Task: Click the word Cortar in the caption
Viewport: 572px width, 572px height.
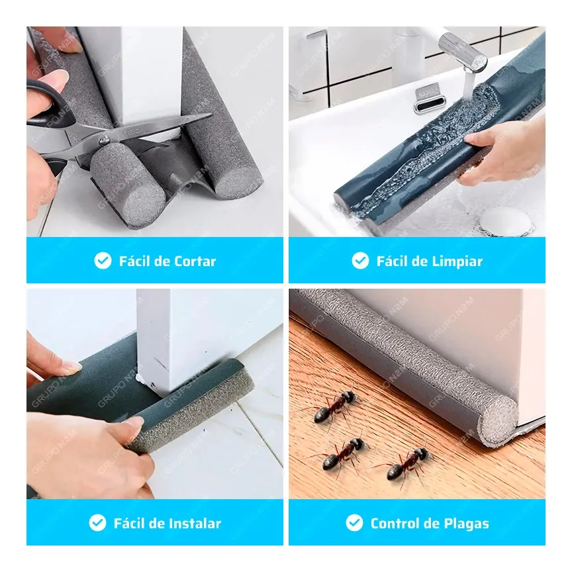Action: (195, 262)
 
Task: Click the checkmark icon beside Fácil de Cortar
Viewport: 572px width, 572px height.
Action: (103, 261)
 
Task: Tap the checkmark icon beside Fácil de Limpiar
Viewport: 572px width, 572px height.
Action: (360, 261)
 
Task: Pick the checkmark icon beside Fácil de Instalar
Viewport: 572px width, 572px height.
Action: (97, 523)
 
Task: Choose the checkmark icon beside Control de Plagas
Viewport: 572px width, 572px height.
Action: (355, 523)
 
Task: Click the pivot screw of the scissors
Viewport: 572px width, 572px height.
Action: (105, 140)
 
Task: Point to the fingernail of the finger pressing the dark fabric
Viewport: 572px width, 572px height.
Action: (71, 366)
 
